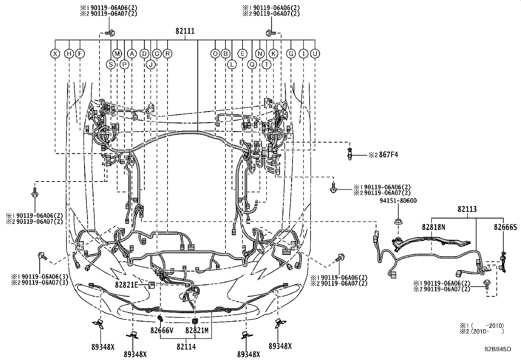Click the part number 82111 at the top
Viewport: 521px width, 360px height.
(185, 31)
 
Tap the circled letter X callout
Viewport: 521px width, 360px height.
(55, 54)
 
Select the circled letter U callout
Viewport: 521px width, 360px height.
(315, 54)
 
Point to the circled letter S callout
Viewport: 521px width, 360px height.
(111, 65)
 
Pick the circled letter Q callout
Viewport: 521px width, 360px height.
(252, 65)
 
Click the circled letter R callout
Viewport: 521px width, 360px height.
(168, 54)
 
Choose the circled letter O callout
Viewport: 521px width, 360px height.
(215, 54)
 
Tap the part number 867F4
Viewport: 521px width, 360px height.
(388, 155)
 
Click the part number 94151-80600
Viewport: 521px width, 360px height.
(398, 200)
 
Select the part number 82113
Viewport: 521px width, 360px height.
(467, 209)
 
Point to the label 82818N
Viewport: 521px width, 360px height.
(434, 227)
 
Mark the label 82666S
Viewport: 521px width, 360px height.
(505, 227)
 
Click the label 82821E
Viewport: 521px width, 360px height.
(127, 285)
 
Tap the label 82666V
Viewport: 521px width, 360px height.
(162, 330)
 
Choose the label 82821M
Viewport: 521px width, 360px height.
(197, 330)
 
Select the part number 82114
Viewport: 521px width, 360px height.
(186, 347)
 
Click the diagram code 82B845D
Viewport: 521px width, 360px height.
(498, 349)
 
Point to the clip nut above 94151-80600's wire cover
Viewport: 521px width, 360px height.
(398, 221)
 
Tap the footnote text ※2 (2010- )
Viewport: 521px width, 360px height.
(482, 332)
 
